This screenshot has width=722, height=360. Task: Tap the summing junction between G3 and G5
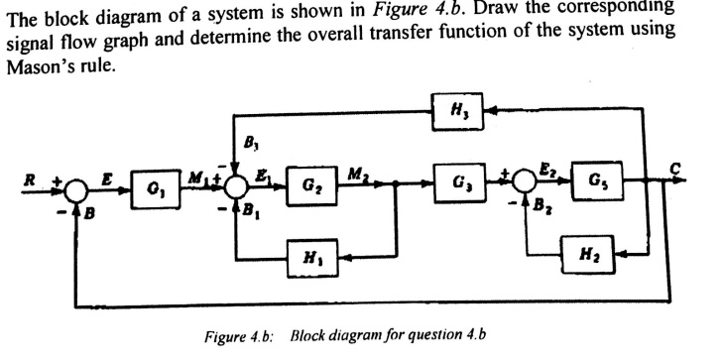[x=532, y=182]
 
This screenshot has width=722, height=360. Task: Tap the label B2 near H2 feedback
[x=542, y=209]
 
